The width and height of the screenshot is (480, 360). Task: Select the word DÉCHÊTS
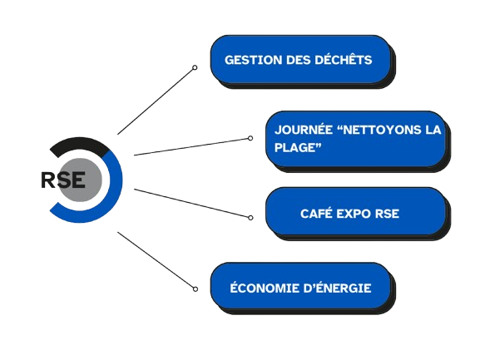coord(344,59)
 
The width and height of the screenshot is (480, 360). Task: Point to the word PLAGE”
coord(298,147)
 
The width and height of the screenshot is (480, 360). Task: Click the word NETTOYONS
coord(380,130)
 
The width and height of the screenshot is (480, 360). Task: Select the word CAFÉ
coord(316,213)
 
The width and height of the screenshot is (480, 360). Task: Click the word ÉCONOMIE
coord(264,287)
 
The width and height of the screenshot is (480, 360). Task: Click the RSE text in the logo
coord(63,180)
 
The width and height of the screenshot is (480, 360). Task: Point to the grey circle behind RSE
coord(80,180)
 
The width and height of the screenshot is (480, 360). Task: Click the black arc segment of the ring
coord(80,143)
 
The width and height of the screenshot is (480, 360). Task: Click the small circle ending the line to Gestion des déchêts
coord(195,67)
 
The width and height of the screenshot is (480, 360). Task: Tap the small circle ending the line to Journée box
coord(250,138)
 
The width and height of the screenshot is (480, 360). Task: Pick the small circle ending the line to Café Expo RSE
coord(250,218)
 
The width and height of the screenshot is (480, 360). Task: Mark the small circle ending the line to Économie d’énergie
coord(195,289)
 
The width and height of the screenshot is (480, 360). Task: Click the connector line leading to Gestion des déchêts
coord(156,101)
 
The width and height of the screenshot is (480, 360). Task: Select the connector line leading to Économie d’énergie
coord(156,259)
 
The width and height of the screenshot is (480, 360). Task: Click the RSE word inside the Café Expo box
coord(388,214)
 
